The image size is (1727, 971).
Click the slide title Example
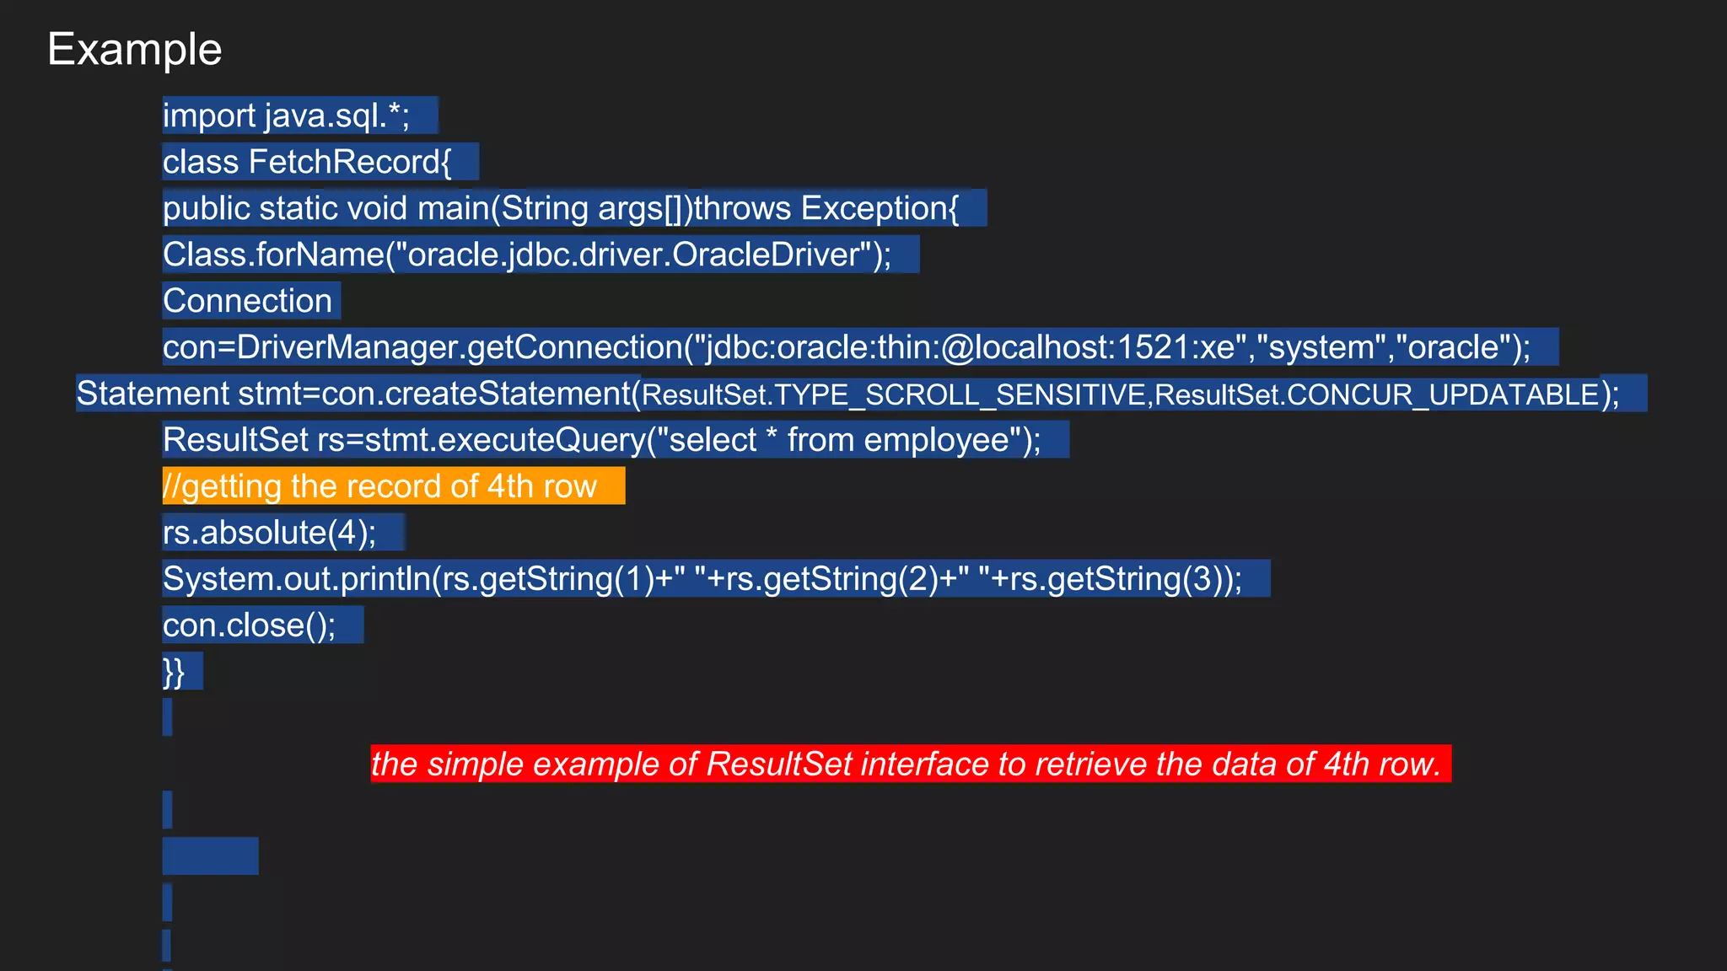click(135, 50)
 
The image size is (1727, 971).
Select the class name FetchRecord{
click(350, 162)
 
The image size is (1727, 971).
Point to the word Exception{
click(880, 208)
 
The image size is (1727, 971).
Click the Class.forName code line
click(526, 255)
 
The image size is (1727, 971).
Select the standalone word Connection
click(247, 301)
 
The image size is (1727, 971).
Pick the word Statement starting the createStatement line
click(153, 394)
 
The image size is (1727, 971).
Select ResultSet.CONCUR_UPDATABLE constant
click(1377, 394)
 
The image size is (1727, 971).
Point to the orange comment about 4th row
click(379, 486)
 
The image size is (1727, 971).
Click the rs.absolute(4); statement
click(269, 533)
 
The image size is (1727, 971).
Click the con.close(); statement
click(249, 625)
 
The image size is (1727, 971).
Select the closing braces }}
click(174, 672)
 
